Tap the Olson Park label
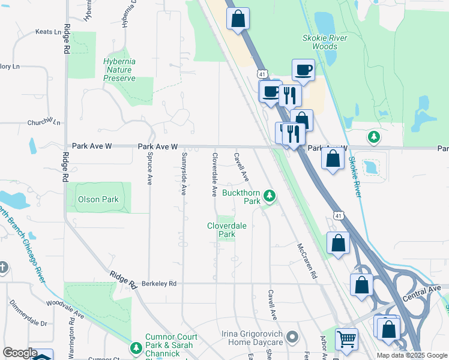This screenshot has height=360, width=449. [x=97, y=199]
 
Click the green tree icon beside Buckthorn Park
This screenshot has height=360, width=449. [x=270, y=196]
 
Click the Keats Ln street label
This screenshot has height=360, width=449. [x=49, y=31]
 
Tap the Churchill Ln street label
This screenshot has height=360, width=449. [x=44, y=122]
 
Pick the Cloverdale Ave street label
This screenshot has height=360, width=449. [x=214, y=174]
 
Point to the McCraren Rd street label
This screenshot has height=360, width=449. [x=307, y=261]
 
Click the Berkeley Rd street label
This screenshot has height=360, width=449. [x=159, y=283]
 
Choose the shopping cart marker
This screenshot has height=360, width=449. [x=346, y=340]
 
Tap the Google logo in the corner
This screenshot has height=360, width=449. [x=20, y=353]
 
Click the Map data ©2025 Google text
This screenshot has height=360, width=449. [x=411, y=355]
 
